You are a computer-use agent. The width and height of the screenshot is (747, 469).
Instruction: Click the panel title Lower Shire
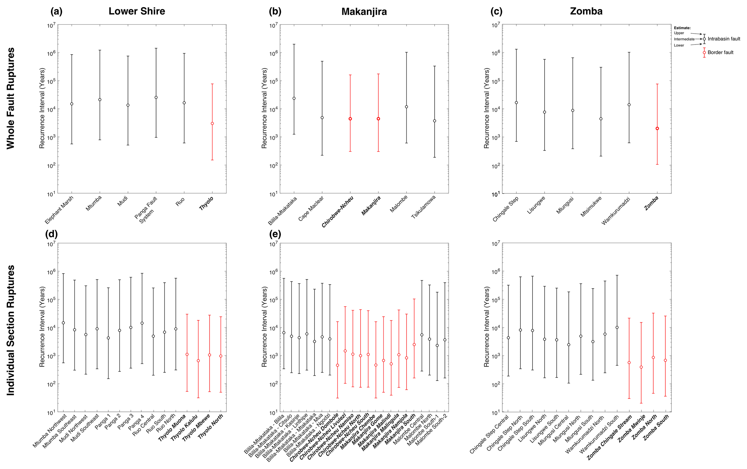point(137,11)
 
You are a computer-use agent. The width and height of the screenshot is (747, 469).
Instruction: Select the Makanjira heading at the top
point(364,12)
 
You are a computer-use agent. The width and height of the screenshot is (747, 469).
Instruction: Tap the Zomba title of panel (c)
point(586,11)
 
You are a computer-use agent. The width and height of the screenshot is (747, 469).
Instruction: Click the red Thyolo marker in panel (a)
point(212,124)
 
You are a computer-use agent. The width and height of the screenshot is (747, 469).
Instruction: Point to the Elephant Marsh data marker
point(72,104)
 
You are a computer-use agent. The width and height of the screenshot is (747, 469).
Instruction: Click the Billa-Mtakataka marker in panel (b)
point(294,98)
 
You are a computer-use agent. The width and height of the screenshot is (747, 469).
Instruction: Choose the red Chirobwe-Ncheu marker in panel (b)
point(350,119)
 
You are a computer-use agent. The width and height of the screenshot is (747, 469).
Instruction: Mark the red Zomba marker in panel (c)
point(657,128)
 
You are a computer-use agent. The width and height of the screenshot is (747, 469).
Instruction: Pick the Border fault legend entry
point(720,52)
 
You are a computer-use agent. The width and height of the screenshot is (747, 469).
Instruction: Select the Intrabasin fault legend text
point(724,39)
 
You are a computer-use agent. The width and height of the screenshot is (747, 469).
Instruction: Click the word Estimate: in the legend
point(682,28)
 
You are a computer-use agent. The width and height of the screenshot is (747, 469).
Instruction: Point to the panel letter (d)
point(51,234)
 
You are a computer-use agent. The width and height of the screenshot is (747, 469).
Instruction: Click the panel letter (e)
point(275,234)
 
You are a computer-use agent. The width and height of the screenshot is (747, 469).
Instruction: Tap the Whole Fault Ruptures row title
point(11,98)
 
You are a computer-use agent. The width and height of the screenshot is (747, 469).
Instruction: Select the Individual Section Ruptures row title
point(11,330)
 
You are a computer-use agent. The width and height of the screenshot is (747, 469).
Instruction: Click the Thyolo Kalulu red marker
point(198,361)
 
